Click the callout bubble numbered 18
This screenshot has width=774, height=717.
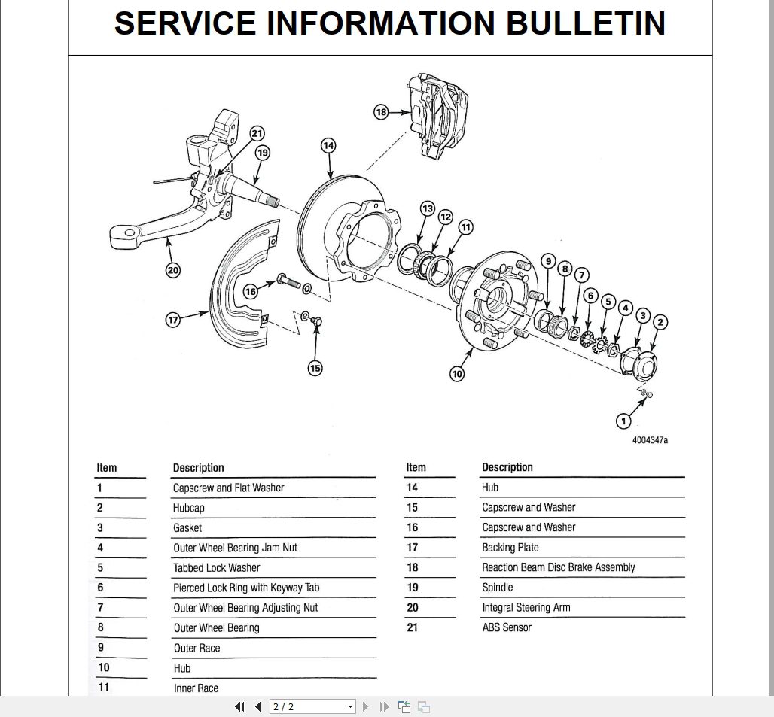[381, 112]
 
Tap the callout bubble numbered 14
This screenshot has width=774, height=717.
[328, 145]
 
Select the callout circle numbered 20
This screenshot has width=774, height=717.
[173, 270]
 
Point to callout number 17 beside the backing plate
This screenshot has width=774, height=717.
[173, 320]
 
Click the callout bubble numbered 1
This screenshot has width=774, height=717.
[623, 420]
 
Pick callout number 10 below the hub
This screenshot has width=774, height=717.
[457, 373]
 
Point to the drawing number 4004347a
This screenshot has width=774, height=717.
[649, 440]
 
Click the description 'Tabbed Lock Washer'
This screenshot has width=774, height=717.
[216, 568]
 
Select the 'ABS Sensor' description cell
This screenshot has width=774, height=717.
[506, 627]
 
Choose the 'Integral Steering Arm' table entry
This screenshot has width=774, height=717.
[526, 607]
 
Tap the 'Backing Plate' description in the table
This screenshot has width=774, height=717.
[510, 548]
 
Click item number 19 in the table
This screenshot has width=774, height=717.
[412, 588]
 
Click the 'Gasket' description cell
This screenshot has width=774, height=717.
[187, 528]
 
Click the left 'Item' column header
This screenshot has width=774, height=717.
[107, 468]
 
